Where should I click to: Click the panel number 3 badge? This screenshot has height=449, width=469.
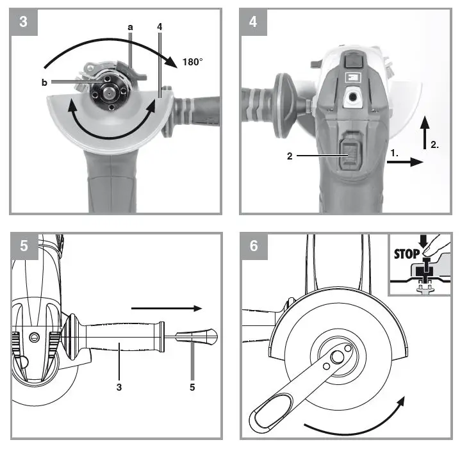[24, 21]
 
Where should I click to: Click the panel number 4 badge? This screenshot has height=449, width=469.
[254, 21]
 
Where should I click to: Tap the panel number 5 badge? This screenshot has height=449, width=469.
[24, 246]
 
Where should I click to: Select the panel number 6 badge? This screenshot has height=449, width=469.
[254, 246]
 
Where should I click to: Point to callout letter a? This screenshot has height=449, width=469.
[131, 28]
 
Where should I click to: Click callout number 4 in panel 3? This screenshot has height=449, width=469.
[159, 28]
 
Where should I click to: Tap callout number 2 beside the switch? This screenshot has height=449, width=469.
[290, 156]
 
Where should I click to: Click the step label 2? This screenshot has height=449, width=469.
[434, 145]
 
